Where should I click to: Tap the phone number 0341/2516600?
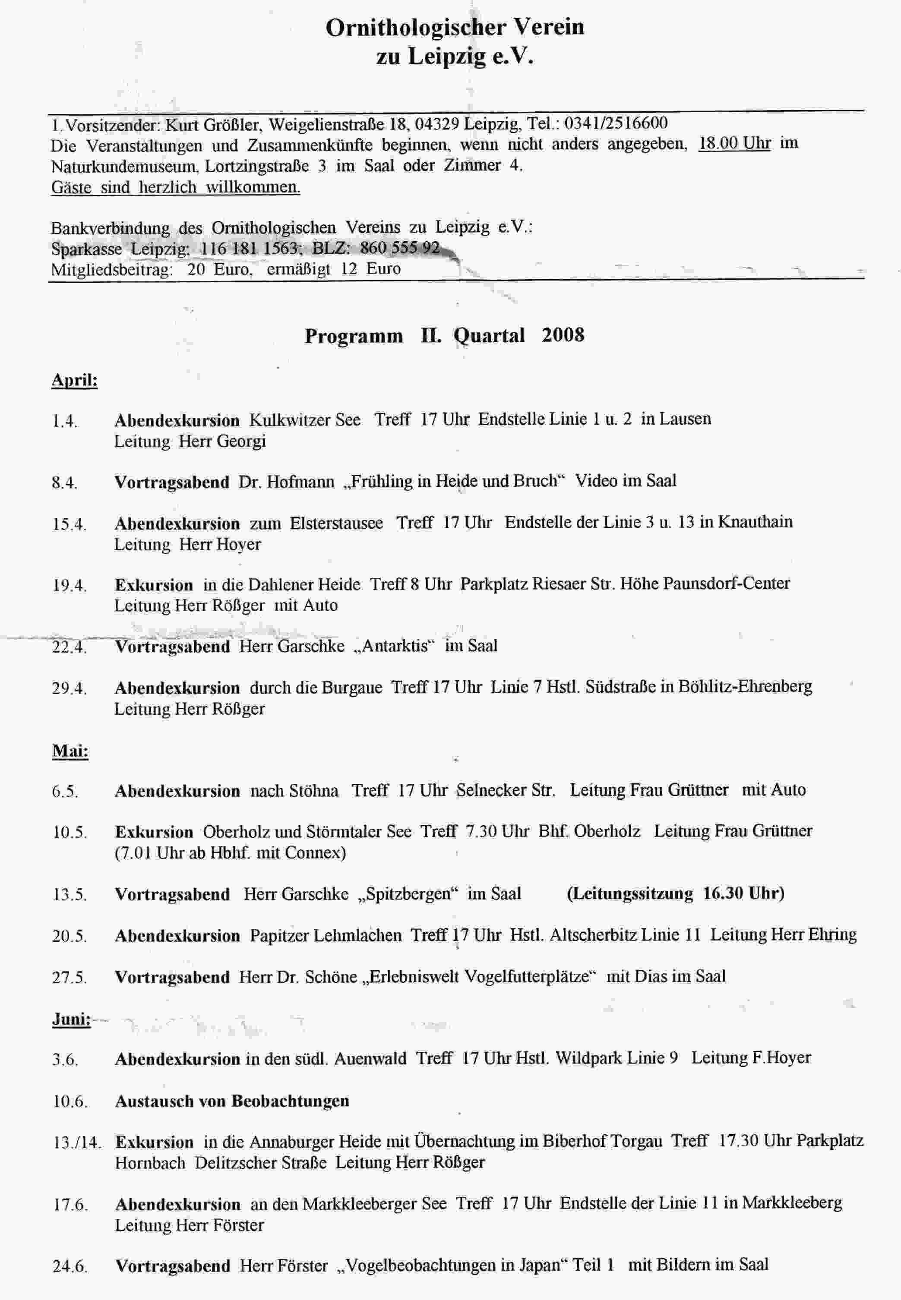click(616, 123)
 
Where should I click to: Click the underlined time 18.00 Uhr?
click(734, 143)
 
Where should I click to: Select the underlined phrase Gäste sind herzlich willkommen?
click(176, 187)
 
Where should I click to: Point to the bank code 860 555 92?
click(400, 248)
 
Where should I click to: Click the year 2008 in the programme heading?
click(563, 335)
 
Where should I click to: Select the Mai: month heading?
click(70, 751)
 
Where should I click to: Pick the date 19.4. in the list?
click(70, 586)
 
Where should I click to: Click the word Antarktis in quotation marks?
click(395, 646)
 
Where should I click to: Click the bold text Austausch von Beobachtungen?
click(232, 1101)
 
